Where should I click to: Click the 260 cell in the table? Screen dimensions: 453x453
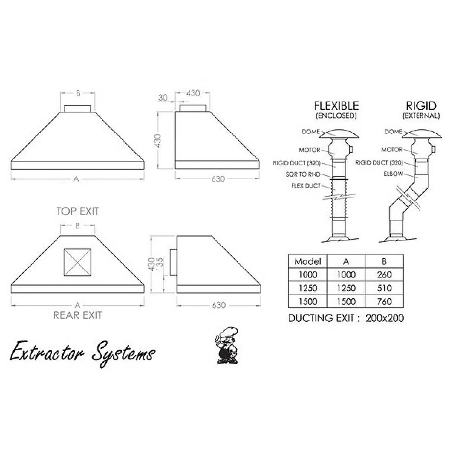pos(384,274)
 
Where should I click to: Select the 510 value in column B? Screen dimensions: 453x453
pos(384,288)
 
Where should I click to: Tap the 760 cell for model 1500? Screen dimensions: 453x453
pos(384,302)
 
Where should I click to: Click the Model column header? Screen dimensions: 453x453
pos(308,261)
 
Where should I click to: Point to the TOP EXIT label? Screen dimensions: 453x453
pos(77,211)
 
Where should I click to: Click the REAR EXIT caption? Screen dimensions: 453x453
pos(77,315)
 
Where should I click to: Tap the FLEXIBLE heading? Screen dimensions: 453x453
pos(336,106)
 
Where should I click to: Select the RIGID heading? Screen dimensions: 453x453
pos(421,106)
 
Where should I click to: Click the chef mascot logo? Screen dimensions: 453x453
pos(228,345)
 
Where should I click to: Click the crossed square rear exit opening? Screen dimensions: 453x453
pos(77,262)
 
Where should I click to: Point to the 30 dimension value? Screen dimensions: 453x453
pos(163,97)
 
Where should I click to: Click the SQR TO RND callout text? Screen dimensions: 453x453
pos(303,174)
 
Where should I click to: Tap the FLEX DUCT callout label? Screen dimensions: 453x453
pos(306,186)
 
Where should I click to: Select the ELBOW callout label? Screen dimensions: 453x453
pos(393,174)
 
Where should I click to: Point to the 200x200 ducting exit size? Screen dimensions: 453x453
pos(384,318)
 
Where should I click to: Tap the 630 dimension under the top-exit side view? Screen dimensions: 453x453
pos(218,179)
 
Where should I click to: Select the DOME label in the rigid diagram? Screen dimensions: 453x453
pos(393,132)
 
